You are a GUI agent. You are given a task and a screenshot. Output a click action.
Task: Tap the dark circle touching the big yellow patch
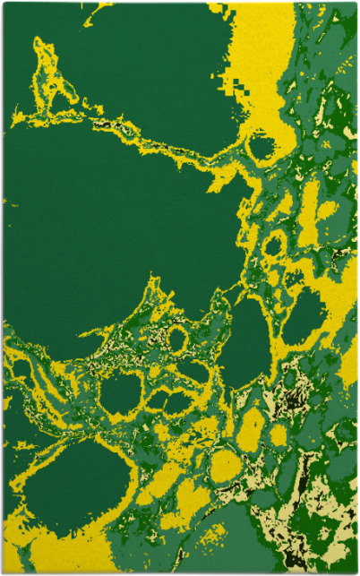261,147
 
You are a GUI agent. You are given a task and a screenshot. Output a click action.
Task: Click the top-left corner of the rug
4,4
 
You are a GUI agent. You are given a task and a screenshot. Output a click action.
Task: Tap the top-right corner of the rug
356,4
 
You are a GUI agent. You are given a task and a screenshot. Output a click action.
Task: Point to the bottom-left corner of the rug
4,572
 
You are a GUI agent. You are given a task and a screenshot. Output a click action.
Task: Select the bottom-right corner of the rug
356,572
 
